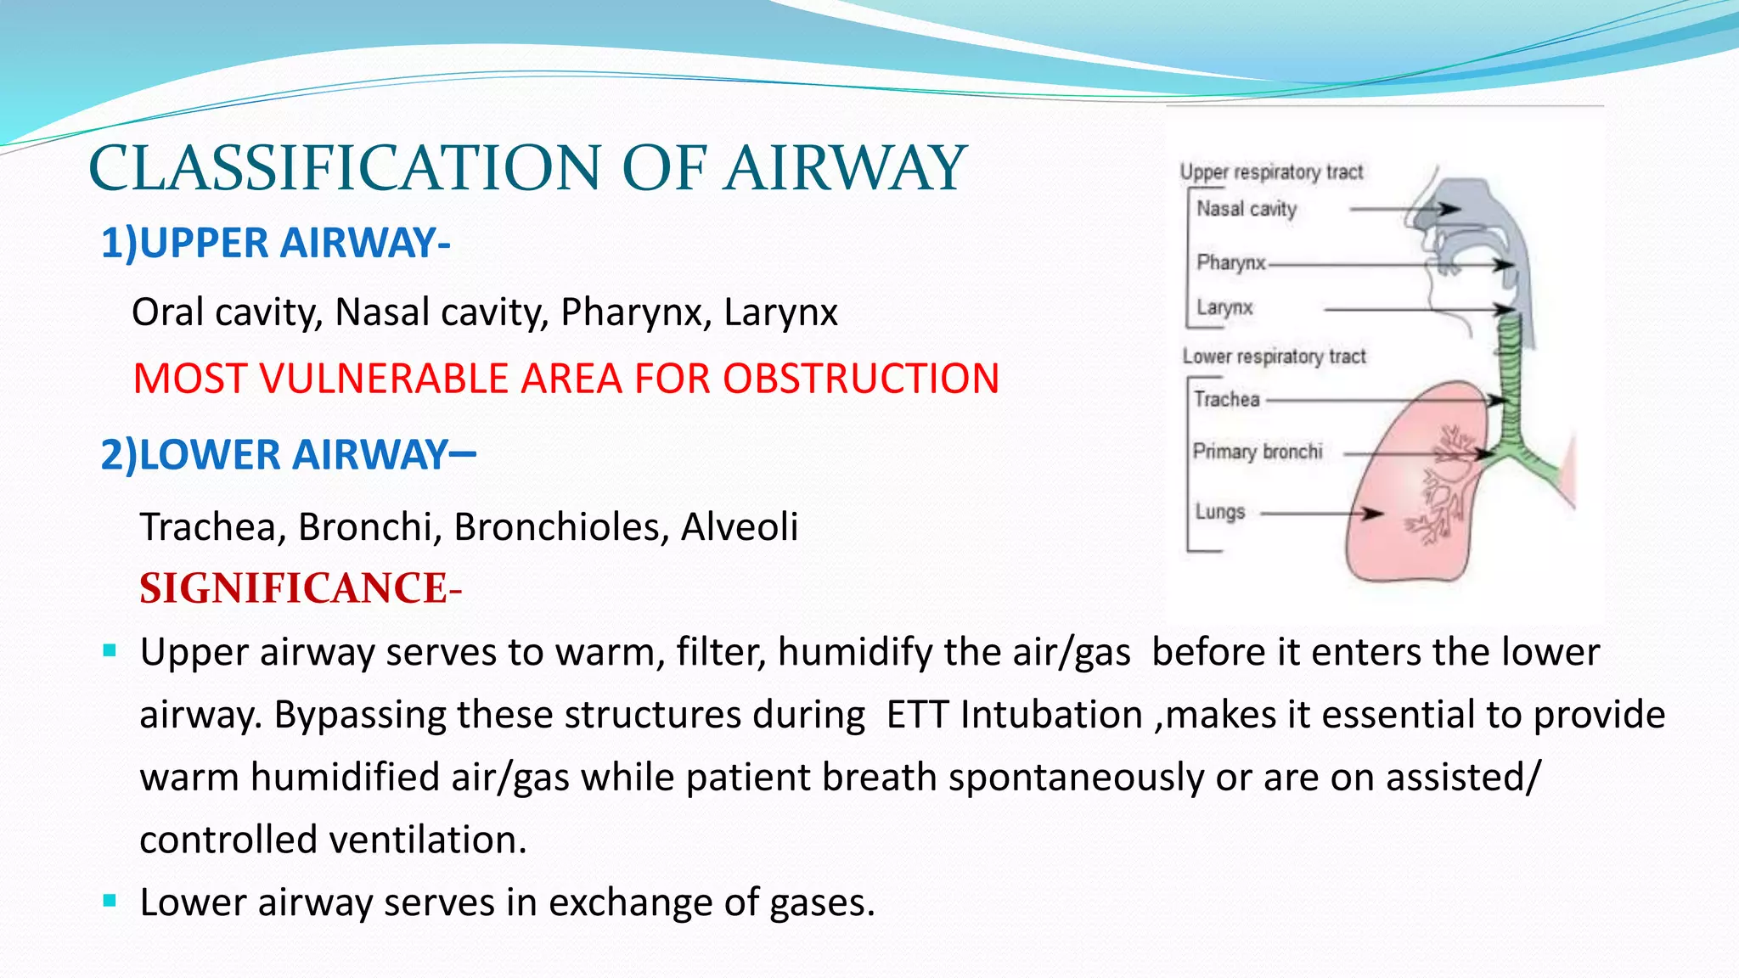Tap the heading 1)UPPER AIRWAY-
point(275,243)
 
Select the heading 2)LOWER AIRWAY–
point(288,454)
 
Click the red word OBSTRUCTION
point(860,379)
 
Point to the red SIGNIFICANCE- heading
point(301,588)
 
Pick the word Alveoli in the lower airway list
point(739,527)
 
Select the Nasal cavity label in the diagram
point(1247,209)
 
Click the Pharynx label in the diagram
point(1230,262)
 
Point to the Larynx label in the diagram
point(1224,307)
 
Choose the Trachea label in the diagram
point(1226,399)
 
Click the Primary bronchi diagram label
point(1258,452)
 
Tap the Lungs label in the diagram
point(1220,512)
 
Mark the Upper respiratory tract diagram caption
point(1271,172)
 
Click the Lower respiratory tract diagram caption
point(1274,357)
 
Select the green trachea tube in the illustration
point(1509,374)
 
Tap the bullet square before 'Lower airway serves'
point(110,901)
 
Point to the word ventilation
point(427,840)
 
